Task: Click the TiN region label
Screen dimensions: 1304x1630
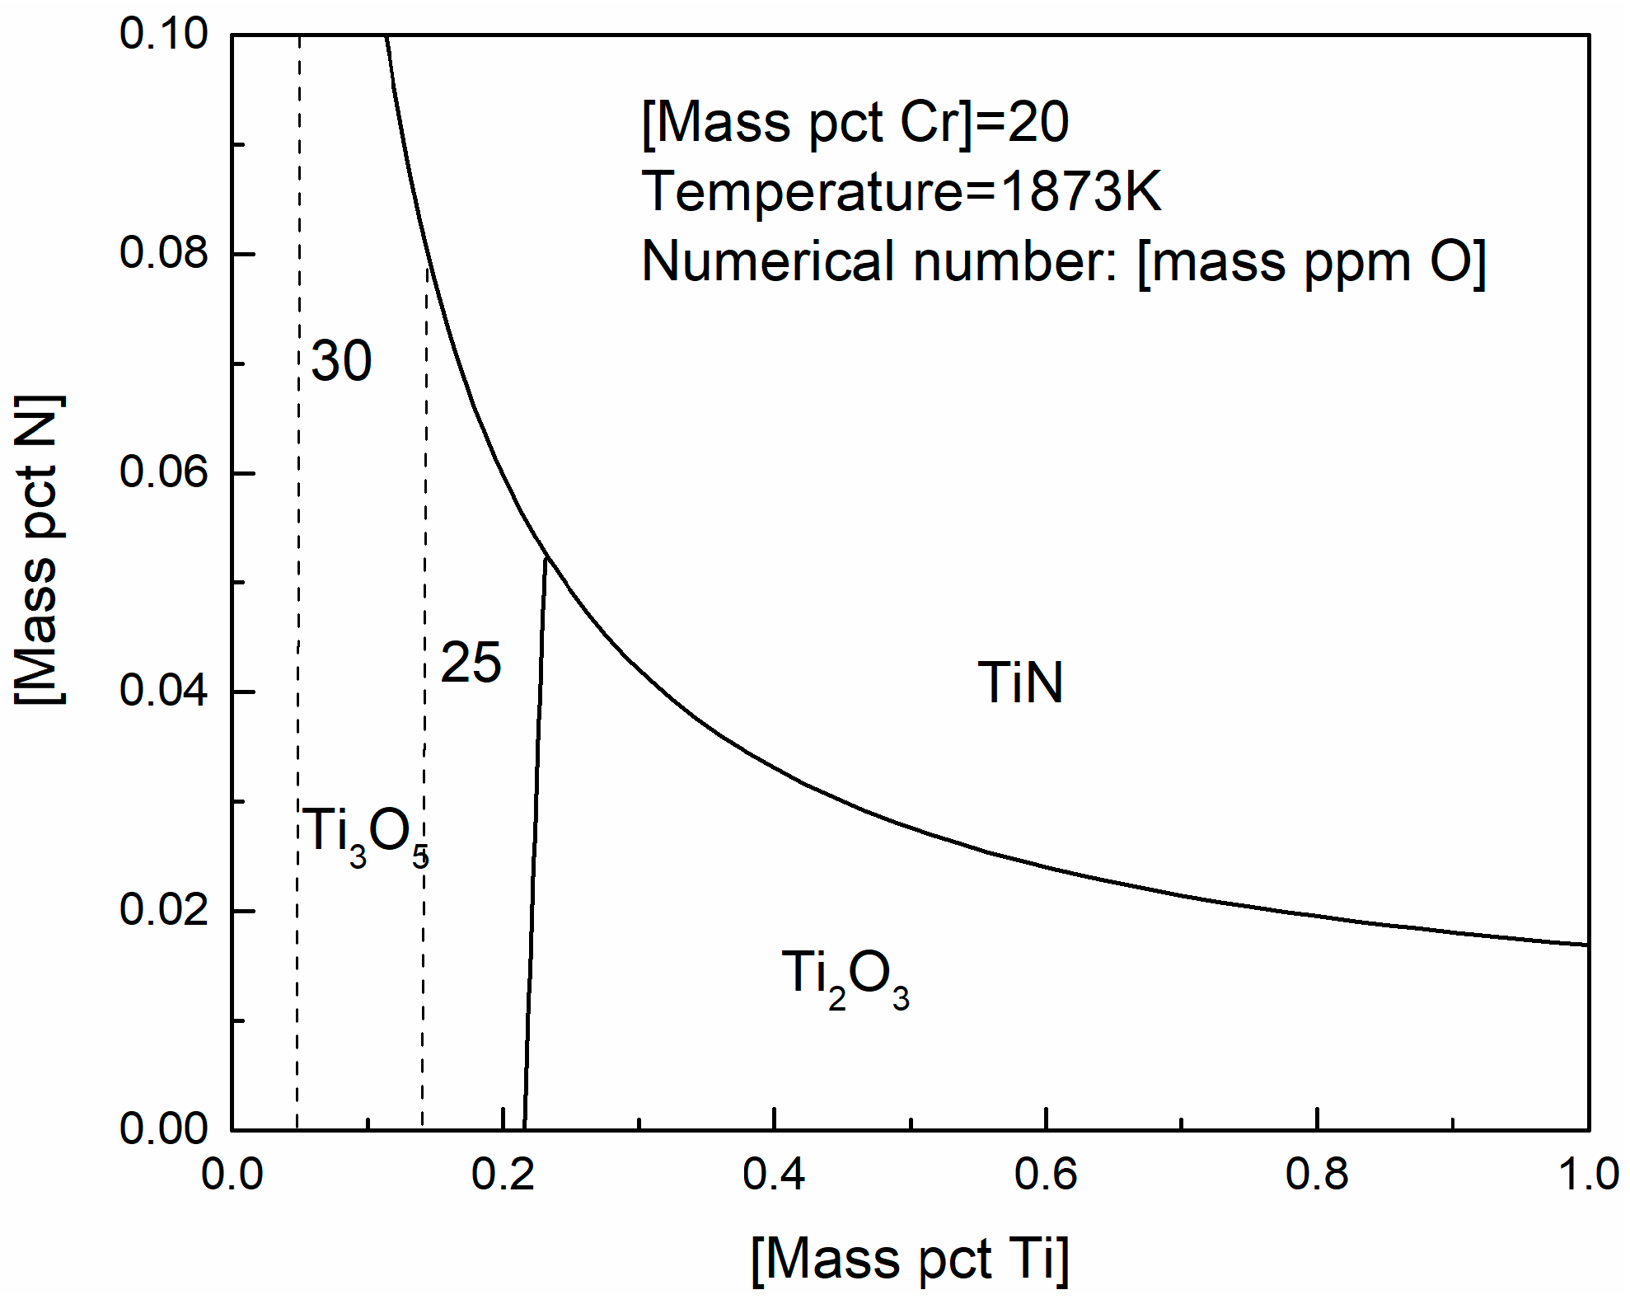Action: click(1020, 683)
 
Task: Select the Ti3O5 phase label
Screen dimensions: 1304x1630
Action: click(365, 835)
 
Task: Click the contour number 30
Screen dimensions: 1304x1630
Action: click(341, 361)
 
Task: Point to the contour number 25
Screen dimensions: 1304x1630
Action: click(471, 663)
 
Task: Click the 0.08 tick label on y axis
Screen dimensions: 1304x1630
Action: click(163, 252)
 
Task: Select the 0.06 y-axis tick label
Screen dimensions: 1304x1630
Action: click(163, 471)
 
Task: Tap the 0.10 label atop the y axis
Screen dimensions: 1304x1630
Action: click(163, 35)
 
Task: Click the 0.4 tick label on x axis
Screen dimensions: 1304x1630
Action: click(773, 1175)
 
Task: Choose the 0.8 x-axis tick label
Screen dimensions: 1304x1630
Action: click(1316, 1175)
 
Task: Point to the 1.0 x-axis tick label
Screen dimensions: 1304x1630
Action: click(1587, 1175)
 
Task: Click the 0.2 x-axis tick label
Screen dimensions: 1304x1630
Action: click(503, 1175)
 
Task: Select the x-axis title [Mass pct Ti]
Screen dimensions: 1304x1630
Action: click(910, 1259)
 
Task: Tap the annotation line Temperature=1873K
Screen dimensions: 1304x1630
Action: click(901, 191)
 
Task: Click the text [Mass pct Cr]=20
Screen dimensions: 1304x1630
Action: click(855, 123)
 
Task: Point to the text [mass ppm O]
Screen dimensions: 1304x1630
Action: click(1311, 262)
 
